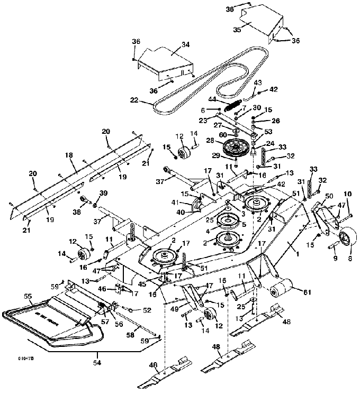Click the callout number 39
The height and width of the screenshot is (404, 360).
click(x=104, y=192)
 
